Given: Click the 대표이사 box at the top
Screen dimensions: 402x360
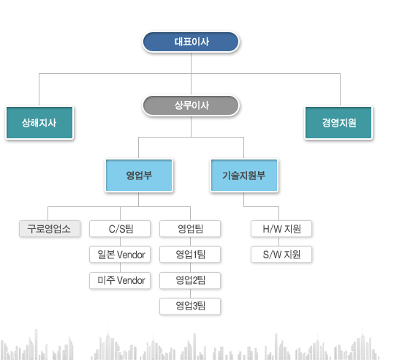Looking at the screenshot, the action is click(x=191, y=42).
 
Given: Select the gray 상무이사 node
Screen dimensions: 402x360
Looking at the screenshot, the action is click(x=191, y=105).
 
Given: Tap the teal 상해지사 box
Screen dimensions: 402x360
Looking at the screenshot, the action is click(x=39, y=123).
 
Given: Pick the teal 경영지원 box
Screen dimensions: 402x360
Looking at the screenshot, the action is click(x=338, y=123).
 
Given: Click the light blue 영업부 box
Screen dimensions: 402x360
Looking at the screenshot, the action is click(x=139, y=176).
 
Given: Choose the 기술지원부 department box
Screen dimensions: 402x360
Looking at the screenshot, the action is click(x=244, y=176).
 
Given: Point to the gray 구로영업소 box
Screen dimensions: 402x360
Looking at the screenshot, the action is click(x=50, y=228).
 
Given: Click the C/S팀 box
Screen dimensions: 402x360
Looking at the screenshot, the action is click(x=120, y=228).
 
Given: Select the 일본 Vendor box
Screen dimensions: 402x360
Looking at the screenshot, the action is click(x=120, y=255).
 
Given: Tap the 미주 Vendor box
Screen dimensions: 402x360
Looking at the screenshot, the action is click(x=120, y=280).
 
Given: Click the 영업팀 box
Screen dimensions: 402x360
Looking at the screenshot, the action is click(x=190, y=228).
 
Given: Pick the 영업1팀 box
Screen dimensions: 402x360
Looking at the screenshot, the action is click(x=190, y=255).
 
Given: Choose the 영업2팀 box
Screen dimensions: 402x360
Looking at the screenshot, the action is click(x=190, y=280).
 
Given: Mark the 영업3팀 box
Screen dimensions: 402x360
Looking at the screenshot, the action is click(x=190, y=306).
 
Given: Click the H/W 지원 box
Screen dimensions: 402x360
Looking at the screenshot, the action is click(x=281, y=228).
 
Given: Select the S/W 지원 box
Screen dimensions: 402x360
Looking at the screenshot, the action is click(x=281, y=255).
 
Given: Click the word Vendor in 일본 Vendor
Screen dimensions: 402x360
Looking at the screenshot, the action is click(x=131, y=255).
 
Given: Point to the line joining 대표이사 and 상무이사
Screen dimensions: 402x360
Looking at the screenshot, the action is click(x=191, y=74).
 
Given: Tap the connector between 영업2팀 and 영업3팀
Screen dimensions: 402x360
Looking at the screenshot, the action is click(x=190, y=293).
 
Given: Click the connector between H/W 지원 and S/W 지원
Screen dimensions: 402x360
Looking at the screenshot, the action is click(x=279, y=241).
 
